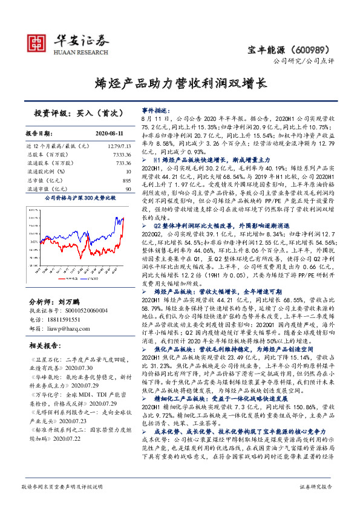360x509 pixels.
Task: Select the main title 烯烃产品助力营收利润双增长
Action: coord(180,83)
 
